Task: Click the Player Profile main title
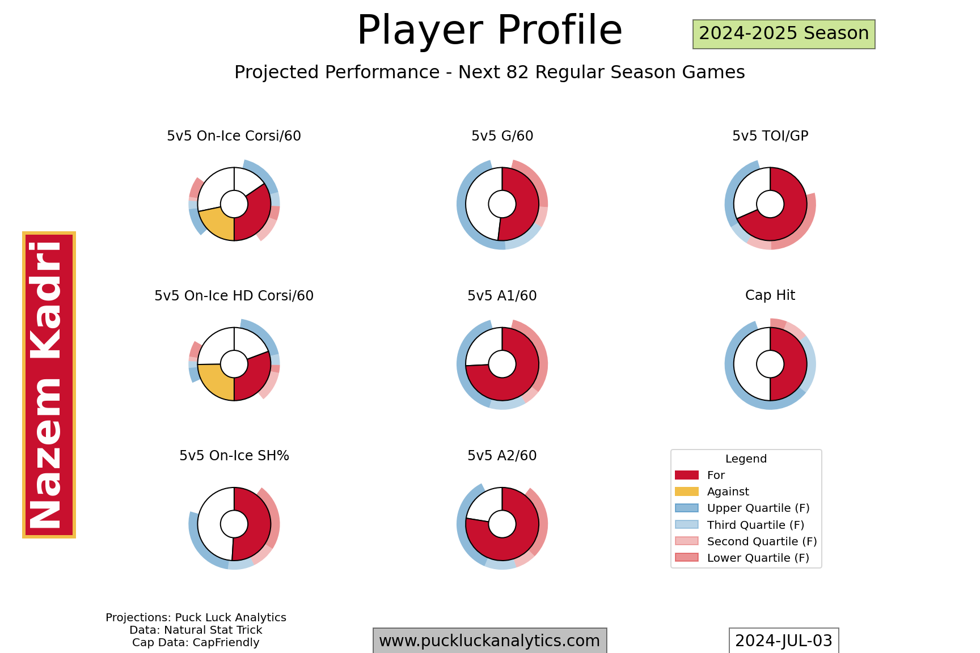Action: click(x=489, y=31)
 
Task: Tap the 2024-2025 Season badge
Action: click(x=783, y=34)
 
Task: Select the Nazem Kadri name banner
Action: click(x=49, y=385)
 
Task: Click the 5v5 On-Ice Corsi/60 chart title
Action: click(x=234, y=136)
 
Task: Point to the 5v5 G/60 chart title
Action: click(x=502, y=136)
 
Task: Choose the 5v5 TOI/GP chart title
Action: click(x=770, y=136)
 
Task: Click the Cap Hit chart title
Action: click(x=770, y=295)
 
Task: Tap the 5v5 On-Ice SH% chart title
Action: click(x=234, y=456)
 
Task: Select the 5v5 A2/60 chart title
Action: click(x=502, y=456)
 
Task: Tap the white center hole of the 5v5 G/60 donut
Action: click(x=502, y=204)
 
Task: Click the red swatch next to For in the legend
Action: click(x=686, y=475)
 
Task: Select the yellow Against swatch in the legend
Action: click(x=686, y=491)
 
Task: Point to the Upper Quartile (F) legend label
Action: click(x=758, y=508)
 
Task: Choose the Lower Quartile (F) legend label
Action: click(x=758, y=558)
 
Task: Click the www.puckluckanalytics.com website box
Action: click(x=489, y=641)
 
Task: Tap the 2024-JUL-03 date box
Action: click(x=783, y=641)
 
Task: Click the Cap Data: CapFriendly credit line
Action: click(x=196, y=643)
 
